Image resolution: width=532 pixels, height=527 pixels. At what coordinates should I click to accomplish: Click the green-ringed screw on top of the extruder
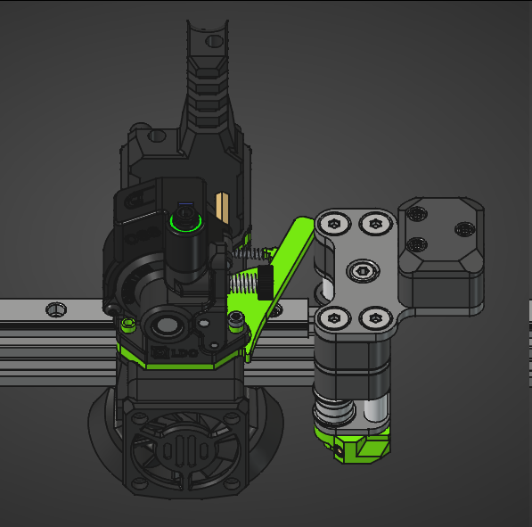pyautogui.click(x=185, y=219)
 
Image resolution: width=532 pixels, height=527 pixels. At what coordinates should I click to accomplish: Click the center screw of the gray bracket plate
pyautogui.click(x=361, y=268)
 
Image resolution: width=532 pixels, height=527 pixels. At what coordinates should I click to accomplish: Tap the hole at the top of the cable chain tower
pyautogui.click(x=213, y=40)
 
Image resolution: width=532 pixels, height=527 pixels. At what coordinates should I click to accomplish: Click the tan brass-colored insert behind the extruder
pyautogui.click(x=225, y=206)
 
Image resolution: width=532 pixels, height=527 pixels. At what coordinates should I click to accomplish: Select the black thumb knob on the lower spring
pyautogui.click(x=265, y=283)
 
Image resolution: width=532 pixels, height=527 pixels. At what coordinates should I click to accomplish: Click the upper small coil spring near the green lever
pyautogui.click(x=255, y=255)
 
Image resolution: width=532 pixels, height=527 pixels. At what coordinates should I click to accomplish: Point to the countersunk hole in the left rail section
pyautogui.click(x=56, y=309)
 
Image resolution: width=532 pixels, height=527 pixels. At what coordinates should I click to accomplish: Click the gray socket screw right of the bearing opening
pyautogui.click(x=236, y=318)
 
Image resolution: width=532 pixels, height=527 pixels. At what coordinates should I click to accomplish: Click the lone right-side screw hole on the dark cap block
pyautogui.click(x=463, y=229)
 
